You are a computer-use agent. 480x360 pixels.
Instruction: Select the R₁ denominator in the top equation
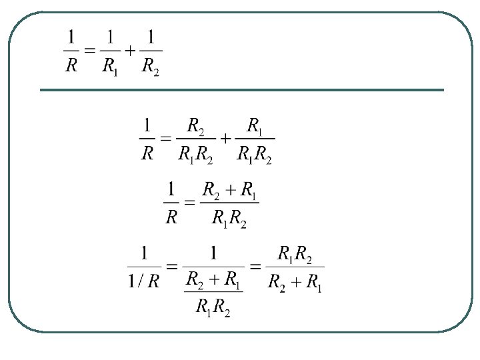click(110, 68)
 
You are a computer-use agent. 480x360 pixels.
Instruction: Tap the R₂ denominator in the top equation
click(150, 68)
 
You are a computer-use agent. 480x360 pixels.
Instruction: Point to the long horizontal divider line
click(241, 90)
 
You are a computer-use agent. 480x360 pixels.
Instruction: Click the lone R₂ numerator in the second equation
click(196, 125)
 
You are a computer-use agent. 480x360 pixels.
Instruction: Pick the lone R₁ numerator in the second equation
click(255, 125)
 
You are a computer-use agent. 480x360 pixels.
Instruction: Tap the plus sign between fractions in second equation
click(225, 139)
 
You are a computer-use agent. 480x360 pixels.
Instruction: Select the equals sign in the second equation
click(166, 139)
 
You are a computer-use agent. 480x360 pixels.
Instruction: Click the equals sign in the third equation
click(190, 202)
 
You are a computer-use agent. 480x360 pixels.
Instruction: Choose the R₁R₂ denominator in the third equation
click(229, 219)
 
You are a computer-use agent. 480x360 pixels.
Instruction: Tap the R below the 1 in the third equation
click(171, 218)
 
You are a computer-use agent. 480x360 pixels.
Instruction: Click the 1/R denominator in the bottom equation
click(144, 281)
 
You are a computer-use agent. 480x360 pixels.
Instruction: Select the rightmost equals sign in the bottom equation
click(255, 266)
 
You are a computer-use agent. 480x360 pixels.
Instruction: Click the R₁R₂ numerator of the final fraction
click(295, 254)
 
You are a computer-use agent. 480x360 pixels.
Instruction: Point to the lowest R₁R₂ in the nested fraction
click(213, 307)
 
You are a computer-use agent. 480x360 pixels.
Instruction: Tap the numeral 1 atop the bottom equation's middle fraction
click(213, 253)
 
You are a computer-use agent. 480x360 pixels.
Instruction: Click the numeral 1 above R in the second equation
click(147, 125)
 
